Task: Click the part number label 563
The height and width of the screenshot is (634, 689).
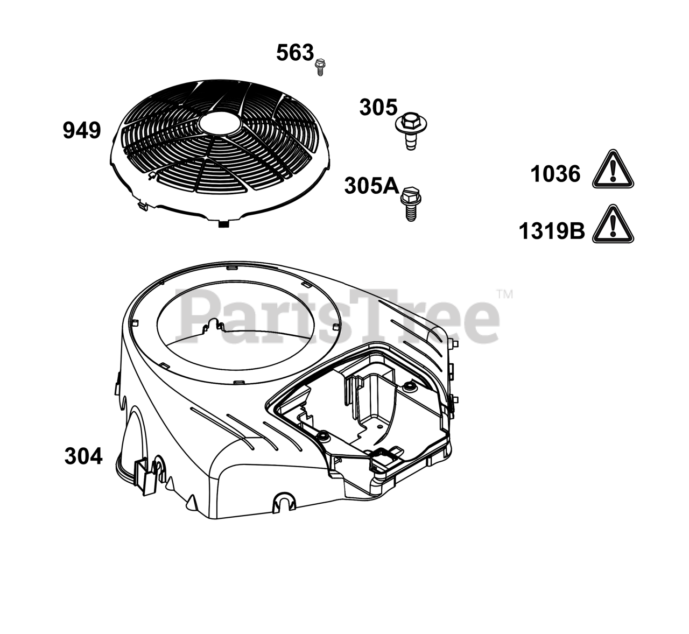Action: point(295,53)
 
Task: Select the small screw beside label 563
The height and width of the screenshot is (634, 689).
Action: point(320,67)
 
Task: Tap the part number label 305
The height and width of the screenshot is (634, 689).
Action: point(378,107)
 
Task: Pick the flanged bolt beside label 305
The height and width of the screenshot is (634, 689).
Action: point(411,131)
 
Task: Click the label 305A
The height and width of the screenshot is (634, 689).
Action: point(371,186)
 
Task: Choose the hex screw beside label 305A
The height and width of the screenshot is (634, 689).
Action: point(411,203)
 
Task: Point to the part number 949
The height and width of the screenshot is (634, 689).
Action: point(82,130)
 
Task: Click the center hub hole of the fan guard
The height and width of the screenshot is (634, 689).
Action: point(220,123)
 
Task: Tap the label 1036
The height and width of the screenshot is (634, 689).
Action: point(556,174)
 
